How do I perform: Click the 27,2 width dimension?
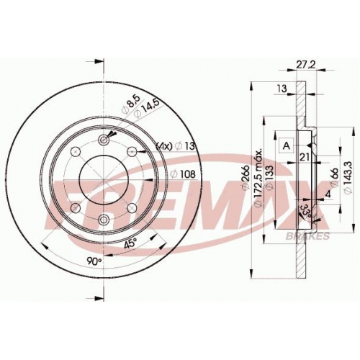pyautogui.click(x=306, y=65)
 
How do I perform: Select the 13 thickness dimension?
pyautogui.click(x=282, y=89)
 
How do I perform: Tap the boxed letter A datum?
pyautogui.click(x=287, y=145)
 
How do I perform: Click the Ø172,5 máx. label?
pyautogui.click(x=258, y=179)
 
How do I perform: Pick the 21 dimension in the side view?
pyautogui.click(x=304, y=157)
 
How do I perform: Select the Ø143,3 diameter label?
pyautogui.click(x=348, y=177)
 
